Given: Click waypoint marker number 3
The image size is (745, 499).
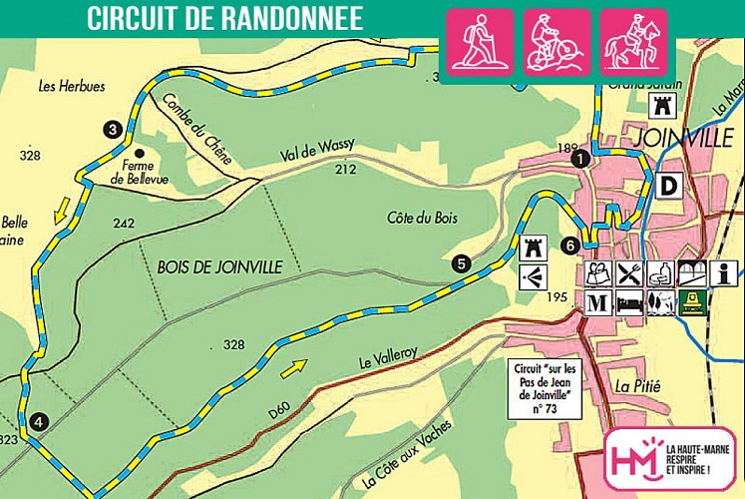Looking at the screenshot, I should tap(112, 129).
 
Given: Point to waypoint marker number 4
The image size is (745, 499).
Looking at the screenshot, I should tap(38, 421).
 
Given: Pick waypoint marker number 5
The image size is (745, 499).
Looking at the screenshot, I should tap(460, 263).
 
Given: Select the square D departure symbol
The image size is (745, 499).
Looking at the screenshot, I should tap(668, 185).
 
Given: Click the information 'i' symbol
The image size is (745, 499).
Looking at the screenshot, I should tap(724, 272).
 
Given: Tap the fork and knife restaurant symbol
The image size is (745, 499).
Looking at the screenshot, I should tap(628, 272).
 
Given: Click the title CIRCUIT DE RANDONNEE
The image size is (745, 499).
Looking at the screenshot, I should tap(224, 18).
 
